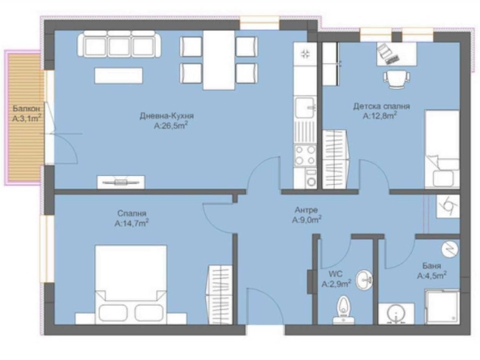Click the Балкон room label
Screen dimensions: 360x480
[24, 108]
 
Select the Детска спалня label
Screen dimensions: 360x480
[380, 106]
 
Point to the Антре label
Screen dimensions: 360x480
[306, 208]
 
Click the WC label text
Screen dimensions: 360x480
[336, 274]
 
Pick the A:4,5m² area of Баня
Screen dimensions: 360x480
[432, 276]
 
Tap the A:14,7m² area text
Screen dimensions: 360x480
[131, 222]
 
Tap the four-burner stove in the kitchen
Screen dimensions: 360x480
[306, 156]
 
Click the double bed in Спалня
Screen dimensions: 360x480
[131, 284]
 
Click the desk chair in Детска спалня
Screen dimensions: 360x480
[395, 79]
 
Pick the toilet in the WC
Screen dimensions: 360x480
[345, 310]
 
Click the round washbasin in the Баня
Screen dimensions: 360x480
[397, 314]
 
